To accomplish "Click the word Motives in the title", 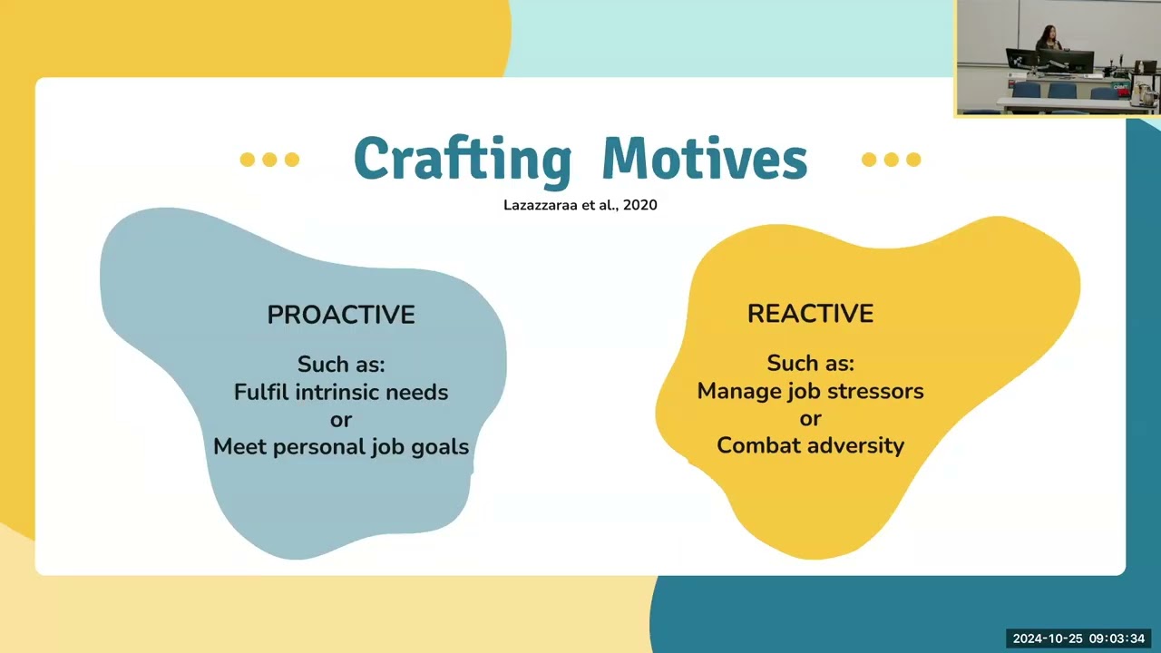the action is [705, 158].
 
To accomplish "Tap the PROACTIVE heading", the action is [341, 315].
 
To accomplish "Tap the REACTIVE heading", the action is [811, 314].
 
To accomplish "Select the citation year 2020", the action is [640, 205].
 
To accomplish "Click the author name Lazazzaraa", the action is [541, 205].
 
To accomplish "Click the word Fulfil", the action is [261, 393].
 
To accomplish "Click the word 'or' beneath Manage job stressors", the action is [810, 419].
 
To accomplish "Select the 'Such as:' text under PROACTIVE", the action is [341, 365].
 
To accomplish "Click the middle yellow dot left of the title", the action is [269, 160].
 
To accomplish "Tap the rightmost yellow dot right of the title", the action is [913, 160].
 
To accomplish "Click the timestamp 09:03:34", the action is [1117, 638].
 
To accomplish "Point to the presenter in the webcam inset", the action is [1048, 40].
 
